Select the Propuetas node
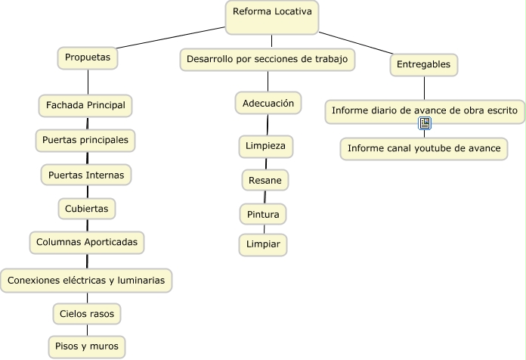[x=88, y=57]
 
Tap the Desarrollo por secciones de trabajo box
[x=268, y=59]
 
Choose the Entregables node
[x=423, y=65]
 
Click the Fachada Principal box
[x=85, y=104]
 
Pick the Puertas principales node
[x=85, y=140]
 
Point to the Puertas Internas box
[x=85, y=175]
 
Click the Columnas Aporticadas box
[x=87, y=243]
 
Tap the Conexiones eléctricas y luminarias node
[x=86, y=281]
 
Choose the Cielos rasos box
[x=87, y=313]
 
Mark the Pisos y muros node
[x=87, y=347]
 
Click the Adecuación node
[x=268, y=103]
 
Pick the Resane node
[x=265, y=180]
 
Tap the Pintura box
[x=263, y=215]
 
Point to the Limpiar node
[x=263, y=245]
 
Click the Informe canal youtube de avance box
[x=423, y=148]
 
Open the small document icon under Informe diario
[x=425, y=123]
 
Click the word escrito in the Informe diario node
[x=499, y=110]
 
